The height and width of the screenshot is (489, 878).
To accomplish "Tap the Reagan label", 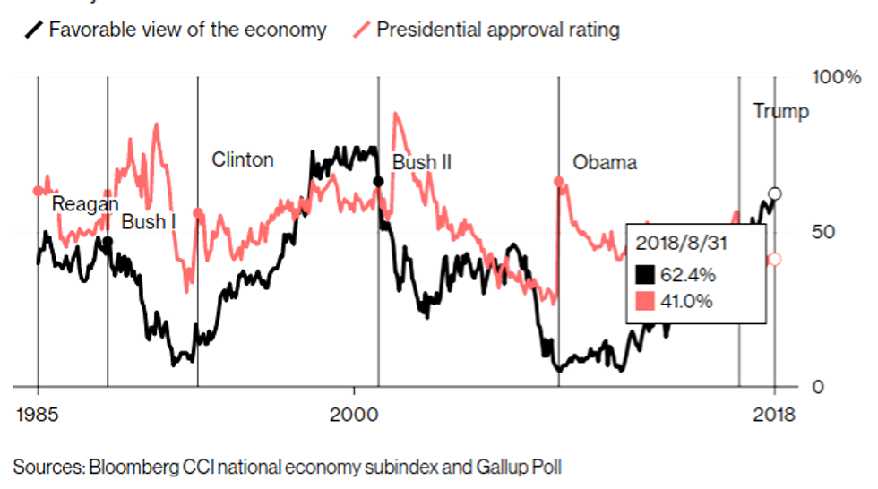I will point(85,204).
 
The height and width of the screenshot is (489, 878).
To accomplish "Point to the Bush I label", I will point(149,222).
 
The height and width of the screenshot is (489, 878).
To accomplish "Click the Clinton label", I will point(243,160).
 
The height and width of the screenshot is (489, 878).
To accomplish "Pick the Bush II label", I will point(422,163).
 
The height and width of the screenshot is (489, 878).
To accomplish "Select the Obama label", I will point(605,163).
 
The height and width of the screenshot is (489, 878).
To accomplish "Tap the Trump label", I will point(780,112).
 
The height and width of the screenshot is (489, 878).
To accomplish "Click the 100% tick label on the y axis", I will point(835,78).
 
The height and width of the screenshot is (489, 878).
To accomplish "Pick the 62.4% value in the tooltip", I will point(687,273).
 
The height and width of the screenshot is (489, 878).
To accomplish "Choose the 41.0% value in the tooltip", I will point(687,301).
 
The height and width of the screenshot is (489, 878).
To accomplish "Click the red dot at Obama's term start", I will point(559,181).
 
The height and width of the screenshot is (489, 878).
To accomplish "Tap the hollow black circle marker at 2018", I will point(775,194).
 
